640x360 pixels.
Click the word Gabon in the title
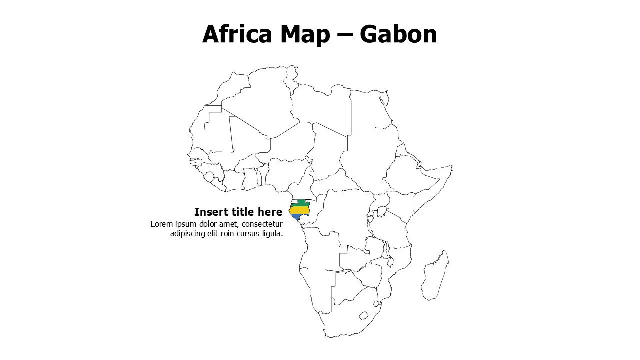tap(398, 34)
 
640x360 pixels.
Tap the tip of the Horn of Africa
tap(451, 168)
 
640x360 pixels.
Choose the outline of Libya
tap(320, 105)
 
